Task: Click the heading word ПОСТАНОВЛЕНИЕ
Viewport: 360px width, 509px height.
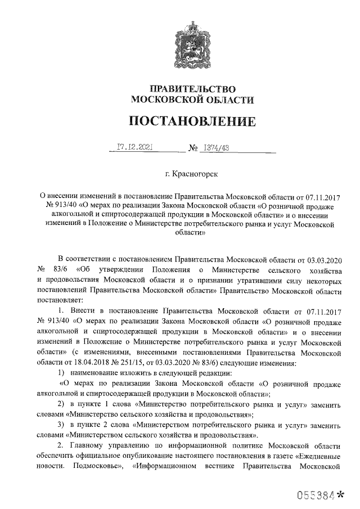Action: pyautogui.click(x=192, y=121)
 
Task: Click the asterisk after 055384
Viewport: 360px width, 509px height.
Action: pyautogui.click(x=340, y=494)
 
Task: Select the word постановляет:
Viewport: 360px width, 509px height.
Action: pyautogui.click(x=61, y=300)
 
